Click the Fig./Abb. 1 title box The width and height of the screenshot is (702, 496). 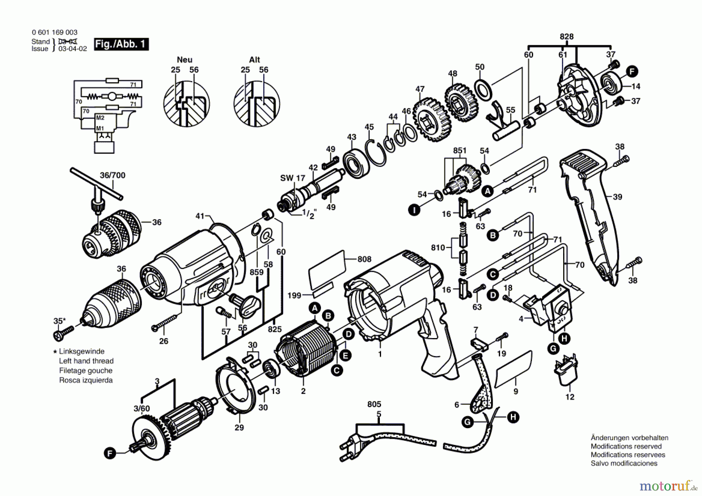pyautogui.click(x=121, y=44)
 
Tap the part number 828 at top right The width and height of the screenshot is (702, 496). pyautogui.click(x=566, y=37)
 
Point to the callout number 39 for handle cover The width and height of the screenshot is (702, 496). pyautogui.click(x=617, y=197)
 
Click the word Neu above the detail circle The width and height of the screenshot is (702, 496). pyautogui.click(x=184, y=60)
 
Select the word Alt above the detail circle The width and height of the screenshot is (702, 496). pyautogui.click(x=254, y=60)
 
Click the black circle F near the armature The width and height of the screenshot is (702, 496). pyautogui.click(x=110, y=453)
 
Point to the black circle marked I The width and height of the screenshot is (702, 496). pyautogui.click(x=414, y=210)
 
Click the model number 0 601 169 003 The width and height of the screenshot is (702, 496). pyautogui.click(x=55, y=32)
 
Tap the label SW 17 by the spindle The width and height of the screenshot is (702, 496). pyautogui.click(x=292, y=178)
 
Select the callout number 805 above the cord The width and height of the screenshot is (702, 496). pyautogui.click(x=374, y=404)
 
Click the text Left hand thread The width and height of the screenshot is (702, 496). pyautogui.click(x=86, y=361)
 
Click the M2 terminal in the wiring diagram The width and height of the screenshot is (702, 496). pyautogui.click(x=100, y=118)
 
